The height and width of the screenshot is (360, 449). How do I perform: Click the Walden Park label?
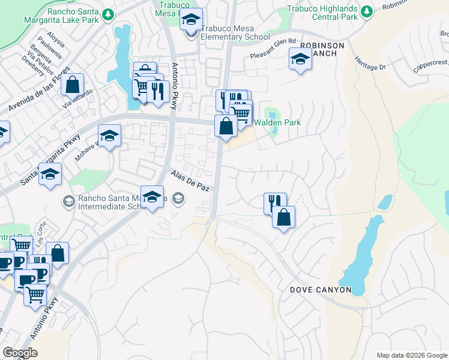(x=277, y=122)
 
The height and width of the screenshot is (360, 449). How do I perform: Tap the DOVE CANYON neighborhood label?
(x=321, y=289)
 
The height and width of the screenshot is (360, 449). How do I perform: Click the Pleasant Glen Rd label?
(x=273, y=46)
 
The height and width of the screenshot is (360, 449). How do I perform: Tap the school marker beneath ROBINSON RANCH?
(x=300, y=60)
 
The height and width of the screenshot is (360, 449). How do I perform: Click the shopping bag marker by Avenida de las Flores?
(x=72, y=86)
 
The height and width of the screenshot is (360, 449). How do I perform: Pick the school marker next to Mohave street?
(x=109, y=137)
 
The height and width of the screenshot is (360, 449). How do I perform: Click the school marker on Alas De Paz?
(x=152, y=197)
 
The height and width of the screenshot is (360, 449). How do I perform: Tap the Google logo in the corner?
(x=19, y=352)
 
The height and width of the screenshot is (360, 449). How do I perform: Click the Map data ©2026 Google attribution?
(x=411, y=355)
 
